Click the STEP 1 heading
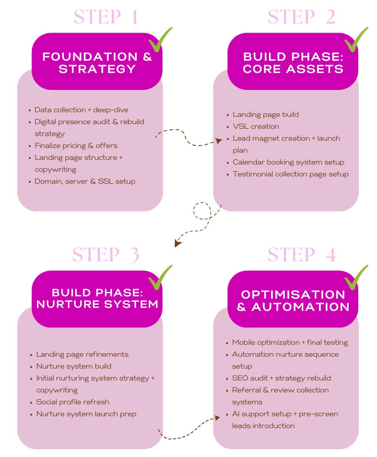point(106,17)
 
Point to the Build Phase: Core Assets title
point(293,63)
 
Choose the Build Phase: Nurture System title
point(97,298)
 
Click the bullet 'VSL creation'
point(256,126)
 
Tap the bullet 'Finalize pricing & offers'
point(76,146)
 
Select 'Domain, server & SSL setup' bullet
point(85,181)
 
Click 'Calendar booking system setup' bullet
point(288,162)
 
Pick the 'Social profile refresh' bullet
point(73,402)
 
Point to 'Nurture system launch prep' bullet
point(86,414)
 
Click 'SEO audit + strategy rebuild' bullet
point(281,378)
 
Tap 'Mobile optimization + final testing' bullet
point(290,342)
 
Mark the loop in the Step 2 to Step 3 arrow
point(202,211)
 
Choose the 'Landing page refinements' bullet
point(82,354)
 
